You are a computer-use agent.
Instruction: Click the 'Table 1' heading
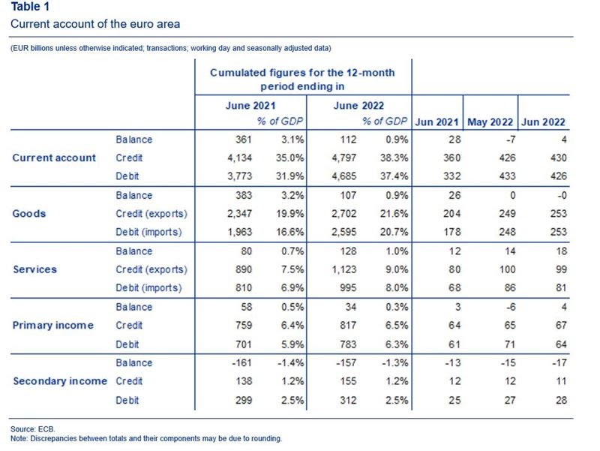tap(30, 7)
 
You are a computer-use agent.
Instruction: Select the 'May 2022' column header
tap(490, 122)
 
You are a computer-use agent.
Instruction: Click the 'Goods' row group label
tap(29, 214)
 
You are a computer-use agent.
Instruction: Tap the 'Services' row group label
tap(34, 269)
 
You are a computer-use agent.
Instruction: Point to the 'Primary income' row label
tap(52, 326)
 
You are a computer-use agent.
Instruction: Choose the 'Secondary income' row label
tap(60, 381)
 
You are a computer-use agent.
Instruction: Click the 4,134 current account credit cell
tap(239, 158)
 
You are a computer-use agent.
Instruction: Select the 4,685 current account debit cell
tap(344, 176)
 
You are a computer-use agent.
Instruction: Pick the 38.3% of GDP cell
tap(394, 158)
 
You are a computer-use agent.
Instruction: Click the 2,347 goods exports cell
tap(239, 214)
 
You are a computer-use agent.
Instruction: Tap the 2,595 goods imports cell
tap(344, 232)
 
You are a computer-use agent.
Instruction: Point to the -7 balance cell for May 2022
tap(511, 140)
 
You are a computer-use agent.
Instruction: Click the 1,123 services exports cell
tap(344, 269)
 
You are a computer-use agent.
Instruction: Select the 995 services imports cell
tap(348, 288)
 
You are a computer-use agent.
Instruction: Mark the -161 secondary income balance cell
tap(241, 362)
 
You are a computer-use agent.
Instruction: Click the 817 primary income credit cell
tap(348, 326)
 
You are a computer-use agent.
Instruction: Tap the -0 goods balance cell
tap(562, 195)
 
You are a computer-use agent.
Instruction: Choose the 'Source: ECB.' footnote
tap(33, 429)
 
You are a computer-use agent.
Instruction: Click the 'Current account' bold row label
tap(54, 158)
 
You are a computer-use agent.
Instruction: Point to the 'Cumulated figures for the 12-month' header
tap(302, 73)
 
